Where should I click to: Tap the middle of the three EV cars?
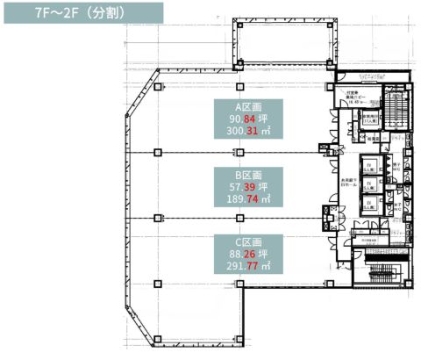coord(369,185)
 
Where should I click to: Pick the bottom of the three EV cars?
coord(369,204)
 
